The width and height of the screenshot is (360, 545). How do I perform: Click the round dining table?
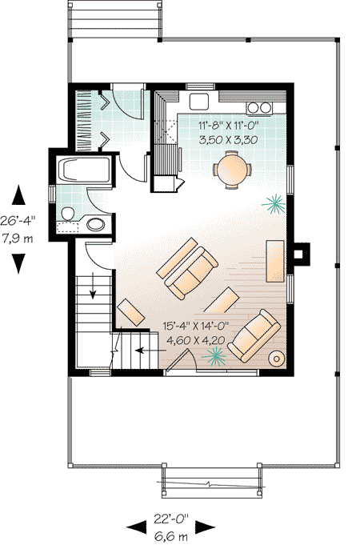pyautogui.click(x=232, y=170)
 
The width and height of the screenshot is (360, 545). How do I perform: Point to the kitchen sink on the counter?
pyautogui.click(x=199, y=100)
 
